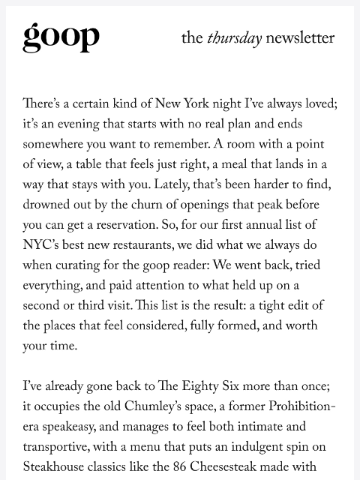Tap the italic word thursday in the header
coord(234,38)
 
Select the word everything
coord(54,286)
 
